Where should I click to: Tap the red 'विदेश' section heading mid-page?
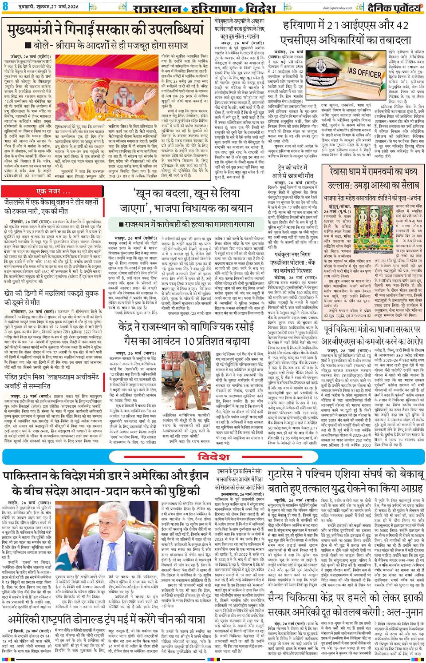[x=213, y=457]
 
